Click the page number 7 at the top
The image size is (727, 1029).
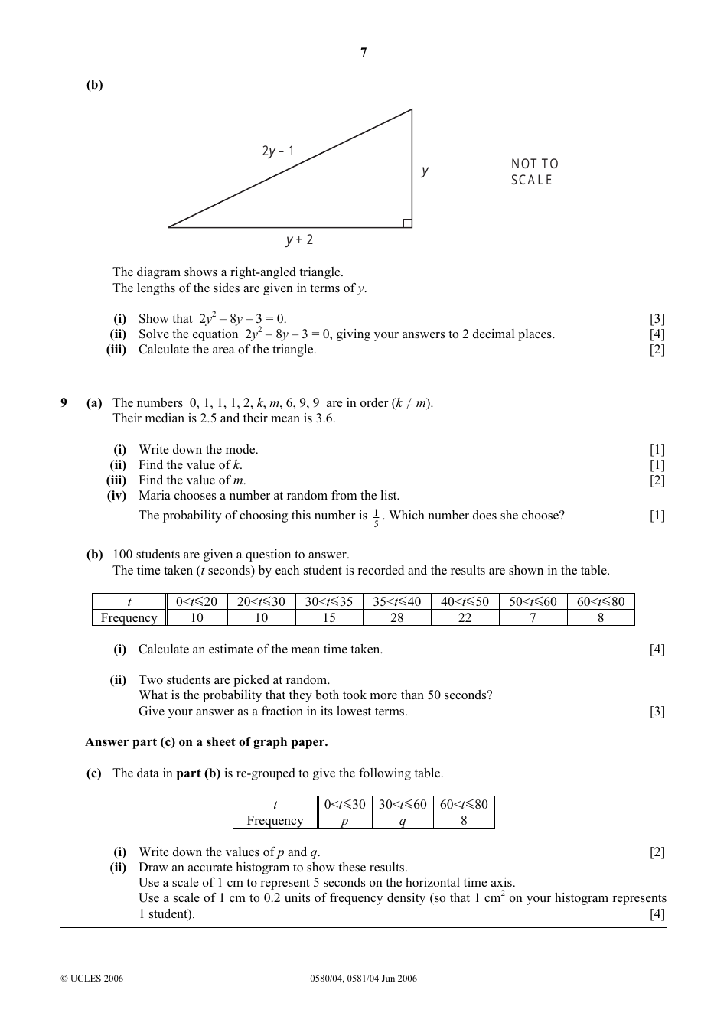[x=363, y=53]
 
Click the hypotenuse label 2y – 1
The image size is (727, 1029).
[x=278, y=151]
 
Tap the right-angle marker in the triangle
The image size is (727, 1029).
[x=407, y=223]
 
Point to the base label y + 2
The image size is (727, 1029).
[x=299, y=240]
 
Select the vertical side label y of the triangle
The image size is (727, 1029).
[x=425, y=171]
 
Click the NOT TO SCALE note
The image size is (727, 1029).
[x=534, y=172]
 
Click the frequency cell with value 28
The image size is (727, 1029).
[x=396, y=617]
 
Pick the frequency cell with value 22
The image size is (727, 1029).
[x=465, y=617]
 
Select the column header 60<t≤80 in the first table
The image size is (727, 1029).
[x=601, y=601]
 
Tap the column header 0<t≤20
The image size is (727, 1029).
[x=197, y=601]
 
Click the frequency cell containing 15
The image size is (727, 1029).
[x=329, y=617]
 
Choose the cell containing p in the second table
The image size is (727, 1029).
[x=344, y=821]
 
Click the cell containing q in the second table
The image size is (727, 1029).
[x=403, y=821]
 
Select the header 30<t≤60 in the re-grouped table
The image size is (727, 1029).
[x=403, y=804]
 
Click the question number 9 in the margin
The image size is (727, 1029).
[x=64, y=403]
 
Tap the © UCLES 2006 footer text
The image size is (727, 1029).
[x=91, y=978]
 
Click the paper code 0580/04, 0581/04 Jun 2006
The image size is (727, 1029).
[x=363, y=978]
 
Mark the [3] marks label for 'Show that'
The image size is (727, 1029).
[x=657, y=319]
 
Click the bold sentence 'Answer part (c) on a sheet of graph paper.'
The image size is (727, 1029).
[x=207, y=741]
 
